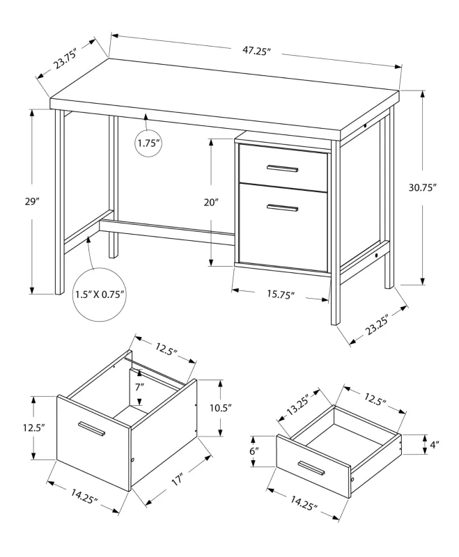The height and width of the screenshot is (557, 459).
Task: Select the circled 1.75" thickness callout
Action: [148, 143]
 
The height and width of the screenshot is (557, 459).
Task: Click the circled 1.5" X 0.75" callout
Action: [99, 294]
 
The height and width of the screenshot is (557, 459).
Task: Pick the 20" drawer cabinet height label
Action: [212, 202]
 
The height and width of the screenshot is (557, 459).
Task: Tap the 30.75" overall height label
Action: [423, 187]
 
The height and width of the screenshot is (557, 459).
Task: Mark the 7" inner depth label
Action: [139, 386]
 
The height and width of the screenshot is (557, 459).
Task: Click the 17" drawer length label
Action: [178, 480]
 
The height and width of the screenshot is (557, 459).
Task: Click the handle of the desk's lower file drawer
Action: [282, 207]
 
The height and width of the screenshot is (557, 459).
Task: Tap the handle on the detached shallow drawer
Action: [312, 467]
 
